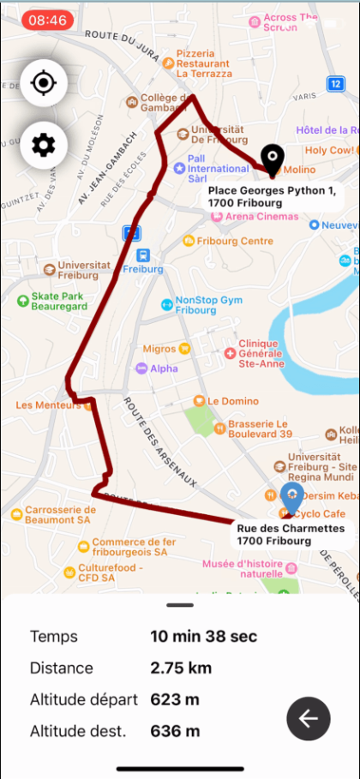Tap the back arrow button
click(309, 718)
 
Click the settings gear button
click(43, 145)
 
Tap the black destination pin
click(273, 159)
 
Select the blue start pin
click(292, 498)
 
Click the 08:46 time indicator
click(48, 20)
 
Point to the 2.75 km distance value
click(181, 668)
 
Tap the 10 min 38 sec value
click(204, 636)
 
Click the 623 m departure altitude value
click(175, 699)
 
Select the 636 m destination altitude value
click(175, 731)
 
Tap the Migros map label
click(159, 349)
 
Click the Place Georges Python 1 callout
click(272, 195)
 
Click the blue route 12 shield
click(336, 83)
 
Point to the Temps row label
click(53, 636)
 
